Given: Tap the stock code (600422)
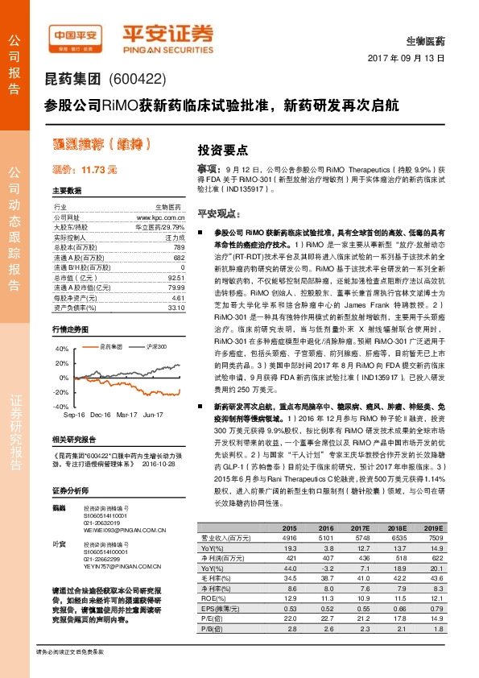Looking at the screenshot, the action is point(134,79).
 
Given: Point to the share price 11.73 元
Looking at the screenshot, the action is point(85,169).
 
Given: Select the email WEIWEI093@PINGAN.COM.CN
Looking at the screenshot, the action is point(125,531).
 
